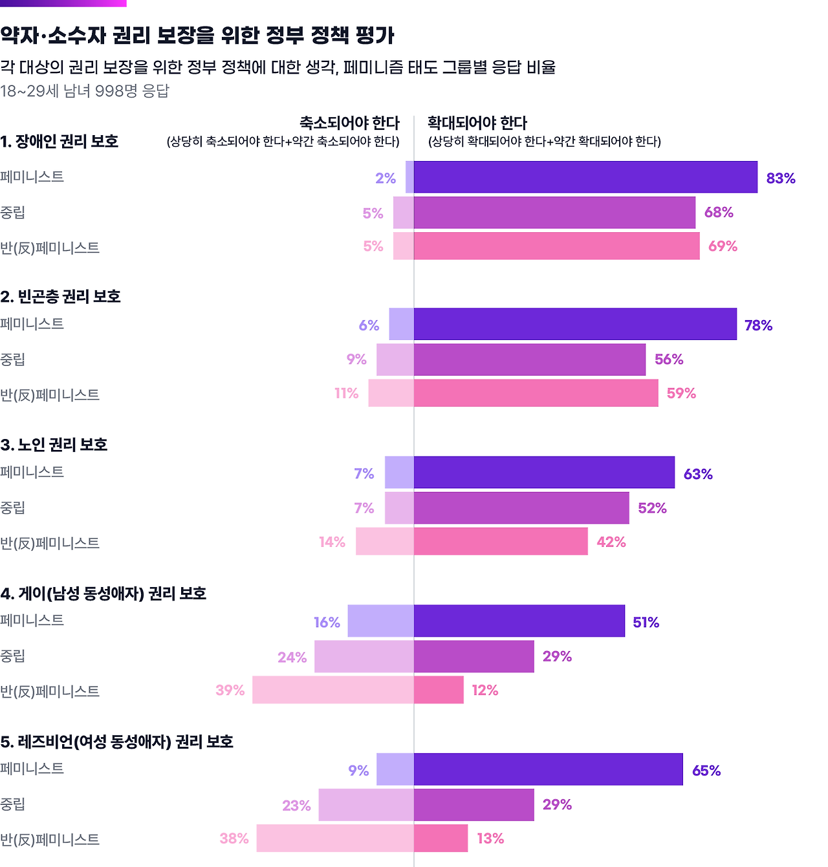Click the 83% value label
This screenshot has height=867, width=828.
click(x=781, y=178)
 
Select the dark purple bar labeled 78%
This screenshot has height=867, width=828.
click(x=575, y=324)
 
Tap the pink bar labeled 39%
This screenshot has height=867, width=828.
click(x=332, y=690)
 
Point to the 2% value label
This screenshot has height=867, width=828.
click(x=386, y=178)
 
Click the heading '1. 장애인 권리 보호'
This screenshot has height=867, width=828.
click(x=60, y=142)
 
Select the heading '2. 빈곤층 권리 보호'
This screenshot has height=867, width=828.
click(x=61, y=297)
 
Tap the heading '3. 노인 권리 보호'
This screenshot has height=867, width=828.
click(x=54, y=445)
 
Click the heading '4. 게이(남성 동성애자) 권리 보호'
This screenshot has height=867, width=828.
click(x=103, y=594)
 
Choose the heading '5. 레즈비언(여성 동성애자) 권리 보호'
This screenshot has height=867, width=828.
click(x=117, y=742)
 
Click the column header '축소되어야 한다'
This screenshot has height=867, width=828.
click(x=349, y=123)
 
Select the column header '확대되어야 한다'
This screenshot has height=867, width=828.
click(x=477, y=123)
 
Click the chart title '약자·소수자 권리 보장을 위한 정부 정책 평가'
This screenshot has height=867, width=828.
click(x=197, y=36)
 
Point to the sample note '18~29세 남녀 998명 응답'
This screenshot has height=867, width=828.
click(x=85, y=91)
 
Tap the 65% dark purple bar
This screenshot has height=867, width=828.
click(x=548, y=769)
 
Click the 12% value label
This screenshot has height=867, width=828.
click(x=485, y=690)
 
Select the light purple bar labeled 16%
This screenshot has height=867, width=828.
click(x=380, y=621)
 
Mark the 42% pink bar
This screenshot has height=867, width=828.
click(x=501, y=541)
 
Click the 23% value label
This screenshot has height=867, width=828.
click(x=296, y=806)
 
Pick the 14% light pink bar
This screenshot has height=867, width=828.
click(x=384, y=541)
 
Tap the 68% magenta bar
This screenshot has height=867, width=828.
click(x=554, y=213)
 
